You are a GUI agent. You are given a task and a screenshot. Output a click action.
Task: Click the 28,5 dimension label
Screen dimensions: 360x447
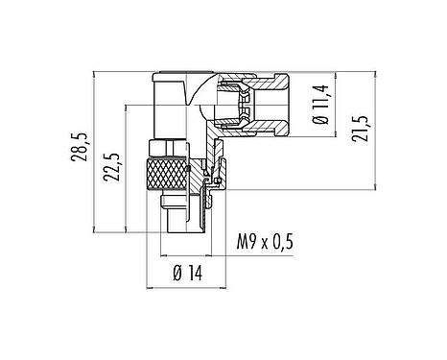84,150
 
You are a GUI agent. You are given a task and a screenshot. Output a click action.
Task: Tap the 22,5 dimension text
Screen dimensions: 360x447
113,167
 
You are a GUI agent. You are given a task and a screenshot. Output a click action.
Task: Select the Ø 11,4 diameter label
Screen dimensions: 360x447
323,107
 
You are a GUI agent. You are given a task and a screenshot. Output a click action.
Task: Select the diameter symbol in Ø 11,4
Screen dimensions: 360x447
323,122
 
